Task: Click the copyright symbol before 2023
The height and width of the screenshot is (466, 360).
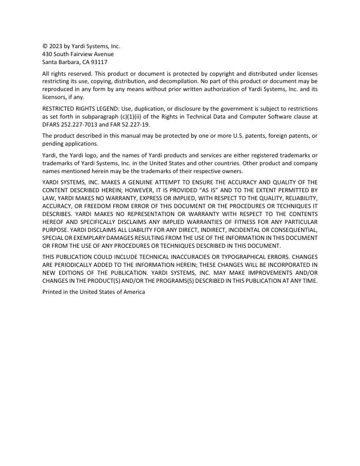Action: coord(45,47)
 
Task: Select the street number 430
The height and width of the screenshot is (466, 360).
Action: coord(47,54)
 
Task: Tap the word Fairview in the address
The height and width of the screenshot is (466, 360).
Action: coord(84,54)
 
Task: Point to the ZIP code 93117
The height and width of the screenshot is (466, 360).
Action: coord(98,62)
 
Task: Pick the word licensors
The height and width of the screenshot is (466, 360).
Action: coord(55,97)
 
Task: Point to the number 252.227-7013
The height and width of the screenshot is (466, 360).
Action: coord(80,124)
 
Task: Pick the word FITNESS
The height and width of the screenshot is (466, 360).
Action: coord(236,222)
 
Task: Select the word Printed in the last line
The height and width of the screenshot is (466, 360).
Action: coord(52,292)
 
